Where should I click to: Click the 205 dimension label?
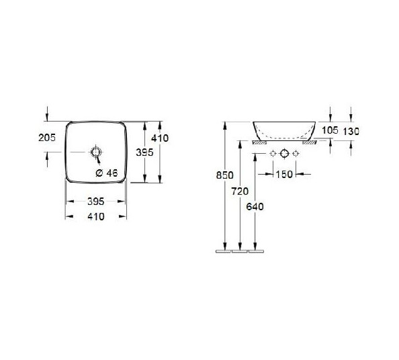pos(47,138)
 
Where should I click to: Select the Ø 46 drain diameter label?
pos(107,173)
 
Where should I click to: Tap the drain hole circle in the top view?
pos(96,152)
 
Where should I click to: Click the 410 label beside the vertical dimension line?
pos(160,138)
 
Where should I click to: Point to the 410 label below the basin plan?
pos(96,217)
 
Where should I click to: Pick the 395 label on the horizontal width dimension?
pos(96,201)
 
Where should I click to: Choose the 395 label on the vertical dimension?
pos(144,152)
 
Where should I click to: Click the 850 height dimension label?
pos(225,175)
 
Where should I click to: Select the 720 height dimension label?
pos(240,191)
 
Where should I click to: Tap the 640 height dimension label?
pos(255,207)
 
